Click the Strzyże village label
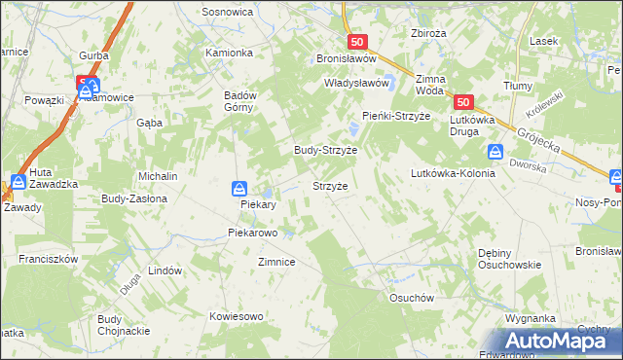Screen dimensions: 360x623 coord(329,185)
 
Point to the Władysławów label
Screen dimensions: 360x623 coord(356,84)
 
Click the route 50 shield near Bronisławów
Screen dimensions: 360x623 coord(357,42)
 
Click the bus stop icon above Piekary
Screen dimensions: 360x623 coord(238,188)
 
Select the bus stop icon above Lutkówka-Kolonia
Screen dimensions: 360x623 coord(495,152)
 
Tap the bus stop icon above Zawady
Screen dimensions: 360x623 coord(18,182)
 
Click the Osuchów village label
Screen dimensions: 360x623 coord(410,298)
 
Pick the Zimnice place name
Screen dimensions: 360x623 coord(275,262)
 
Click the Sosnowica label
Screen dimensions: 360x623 coord(228,12)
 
